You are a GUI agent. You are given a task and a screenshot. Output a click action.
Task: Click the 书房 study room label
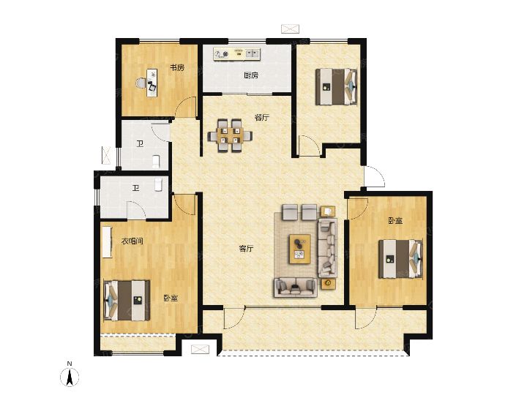pos(177,68)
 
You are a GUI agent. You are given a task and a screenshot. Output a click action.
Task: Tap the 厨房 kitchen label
pos(251,75)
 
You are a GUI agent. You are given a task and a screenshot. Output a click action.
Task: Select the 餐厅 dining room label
pos(262,118)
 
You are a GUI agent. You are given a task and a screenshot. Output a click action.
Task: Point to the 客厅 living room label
pos(246,249)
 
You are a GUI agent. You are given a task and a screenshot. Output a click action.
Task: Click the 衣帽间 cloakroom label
pos(132,241)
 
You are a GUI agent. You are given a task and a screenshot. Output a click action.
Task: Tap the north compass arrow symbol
pos(70,377)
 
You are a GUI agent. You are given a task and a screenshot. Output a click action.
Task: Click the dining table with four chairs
pos(231,135)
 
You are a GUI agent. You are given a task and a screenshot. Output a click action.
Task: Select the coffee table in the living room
pos(300,249)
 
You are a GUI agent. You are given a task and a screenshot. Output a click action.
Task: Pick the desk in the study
pos(152,83)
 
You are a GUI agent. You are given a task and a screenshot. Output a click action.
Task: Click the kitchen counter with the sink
pos(237,54)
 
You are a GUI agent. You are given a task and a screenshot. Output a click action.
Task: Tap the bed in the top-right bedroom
pos(336,86)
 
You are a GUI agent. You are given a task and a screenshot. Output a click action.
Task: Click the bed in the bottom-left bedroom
pos(127,301)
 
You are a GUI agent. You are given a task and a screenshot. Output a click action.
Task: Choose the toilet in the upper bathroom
pos(157,162)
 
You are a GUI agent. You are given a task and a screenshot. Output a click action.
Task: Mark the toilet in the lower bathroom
pos(159,185)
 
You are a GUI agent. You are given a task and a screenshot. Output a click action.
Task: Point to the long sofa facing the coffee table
pos(327,247)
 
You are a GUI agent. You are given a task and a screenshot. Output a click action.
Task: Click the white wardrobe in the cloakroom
pos(107,243)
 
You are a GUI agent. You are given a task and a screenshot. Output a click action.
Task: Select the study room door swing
pos(186,107)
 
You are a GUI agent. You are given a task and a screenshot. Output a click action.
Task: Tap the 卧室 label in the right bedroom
pos(395,221)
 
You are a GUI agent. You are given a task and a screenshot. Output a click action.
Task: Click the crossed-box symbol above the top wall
pos(290,29)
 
